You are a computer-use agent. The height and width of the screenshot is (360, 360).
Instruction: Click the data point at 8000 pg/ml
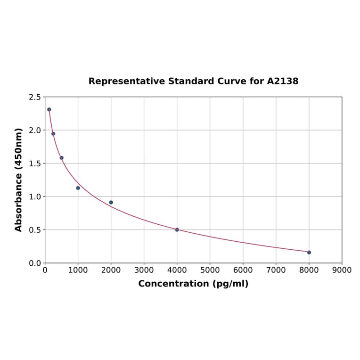(x=309, y=252)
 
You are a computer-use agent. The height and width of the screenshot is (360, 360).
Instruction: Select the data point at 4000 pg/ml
(x=177, y=229)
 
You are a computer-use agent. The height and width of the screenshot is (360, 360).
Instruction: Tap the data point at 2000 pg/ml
(x=111, y=202)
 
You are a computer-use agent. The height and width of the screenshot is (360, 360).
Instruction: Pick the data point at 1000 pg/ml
(x=78, y=188)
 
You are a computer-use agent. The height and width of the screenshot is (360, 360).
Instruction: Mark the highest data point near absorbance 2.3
(x=49, y=109)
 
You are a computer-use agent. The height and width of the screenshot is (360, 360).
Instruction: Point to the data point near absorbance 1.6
(x=61, y=158)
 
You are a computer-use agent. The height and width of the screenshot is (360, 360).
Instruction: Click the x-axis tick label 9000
(x=342, y=270)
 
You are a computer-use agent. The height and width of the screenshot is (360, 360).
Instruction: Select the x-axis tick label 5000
(x=210, y=270)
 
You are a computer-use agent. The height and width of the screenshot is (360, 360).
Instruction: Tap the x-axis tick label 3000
(x=144, y=270)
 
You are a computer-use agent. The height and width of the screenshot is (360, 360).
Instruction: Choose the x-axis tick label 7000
(x=276, y=270)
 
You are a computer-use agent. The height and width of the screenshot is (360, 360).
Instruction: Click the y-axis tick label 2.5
(x=35, y=97)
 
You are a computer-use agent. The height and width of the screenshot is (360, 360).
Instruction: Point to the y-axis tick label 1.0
(x=35, y=196)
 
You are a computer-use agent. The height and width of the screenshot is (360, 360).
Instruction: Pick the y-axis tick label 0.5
(x=35, y=230)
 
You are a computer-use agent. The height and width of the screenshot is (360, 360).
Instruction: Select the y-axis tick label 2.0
(x=35, y=130)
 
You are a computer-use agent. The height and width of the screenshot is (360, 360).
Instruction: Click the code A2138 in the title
(x=282, y=81)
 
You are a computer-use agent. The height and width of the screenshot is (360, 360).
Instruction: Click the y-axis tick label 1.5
(x=35, y=164)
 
